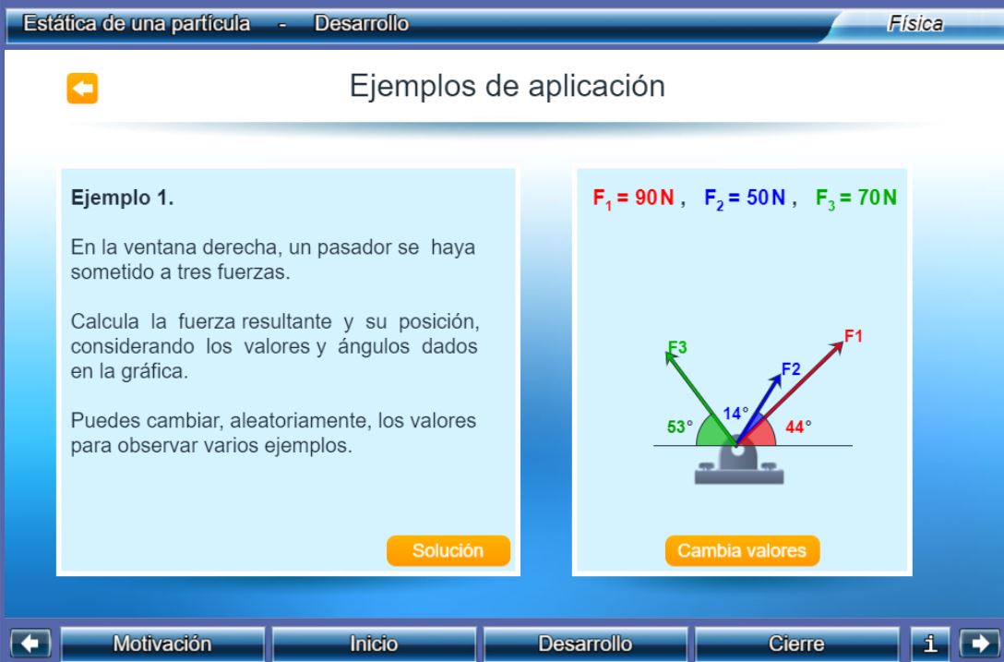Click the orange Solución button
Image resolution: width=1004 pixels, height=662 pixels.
pos(448,550)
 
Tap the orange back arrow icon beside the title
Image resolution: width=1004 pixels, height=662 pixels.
pos(83,88)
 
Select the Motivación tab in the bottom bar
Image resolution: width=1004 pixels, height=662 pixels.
pos(162,644)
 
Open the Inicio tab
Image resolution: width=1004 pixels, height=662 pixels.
pos(374,644)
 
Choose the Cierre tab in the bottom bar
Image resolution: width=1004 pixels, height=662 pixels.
pos(796,644)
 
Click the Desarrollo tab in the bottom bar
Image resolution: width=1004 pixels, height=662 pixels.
pos(585,644)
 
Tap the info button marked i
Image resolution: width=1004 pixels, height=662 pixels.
pos(930,644)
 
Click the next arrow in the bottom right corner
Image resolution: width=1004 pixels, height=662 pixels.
pos(980,644)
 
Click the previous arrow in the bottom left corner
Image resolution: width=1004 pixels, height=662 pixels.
pos(30,644)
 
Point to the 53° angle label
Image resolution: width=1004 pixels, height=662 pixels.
pos(680,427)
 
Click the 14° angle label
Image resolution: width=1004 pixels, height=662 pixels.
pos(735,414)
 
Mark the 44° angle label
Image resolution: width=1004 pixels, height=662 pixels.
pos(798,427)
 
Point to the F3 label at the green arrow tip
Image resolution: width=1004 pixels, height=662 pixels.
pos(677,347)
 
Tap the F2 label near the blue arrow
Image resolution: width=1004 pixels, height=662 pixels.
pos(791,369)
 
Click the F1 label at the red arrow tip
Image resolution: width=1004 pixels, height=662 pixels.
pos(854,336)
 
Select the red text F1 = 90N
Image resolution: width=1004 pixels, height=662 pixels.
pos(633,198)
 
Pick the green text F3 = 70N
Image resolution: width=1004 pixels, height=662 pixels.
pos(856,198)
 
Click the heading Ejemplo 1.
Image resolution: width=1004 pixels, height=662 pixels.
pos(123,198)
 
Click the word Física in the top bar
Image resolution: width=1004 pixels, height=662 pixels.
pos(915,24)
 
